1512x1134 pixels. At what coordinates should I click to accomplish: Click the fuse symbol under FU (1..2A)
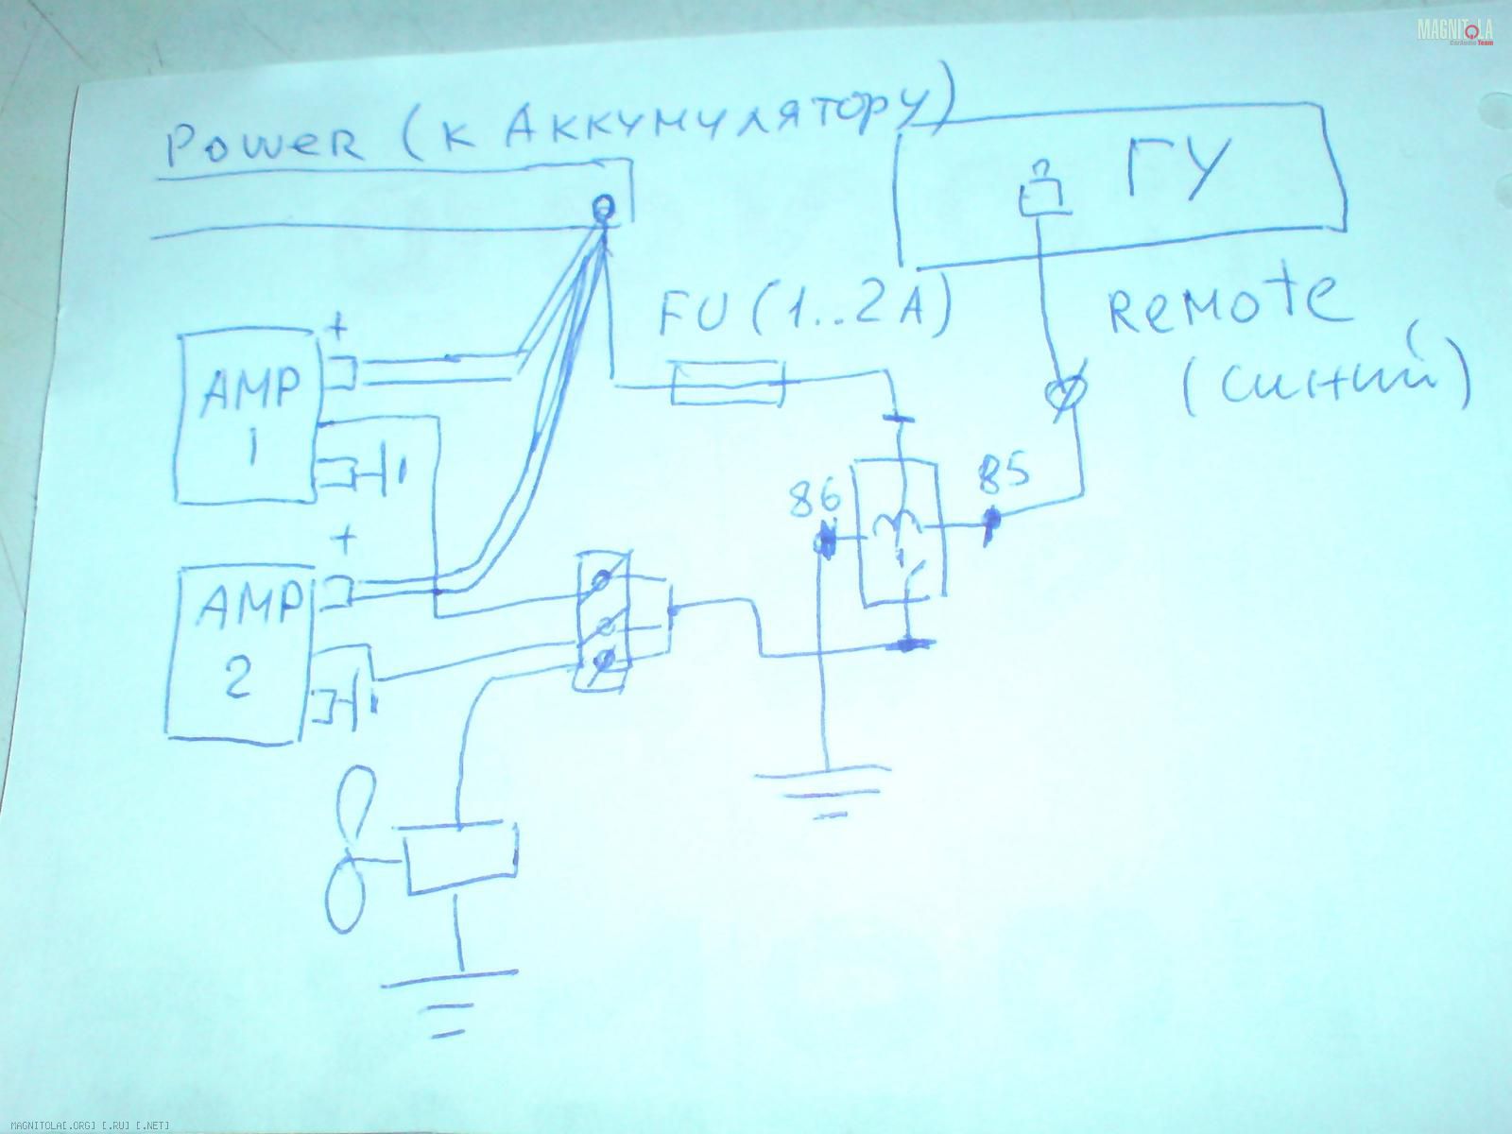726,386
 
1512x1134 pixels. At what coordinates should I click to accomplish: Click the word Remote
1224,302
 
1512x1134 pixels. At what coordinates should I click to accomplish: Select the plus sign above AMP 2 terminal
348,543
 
